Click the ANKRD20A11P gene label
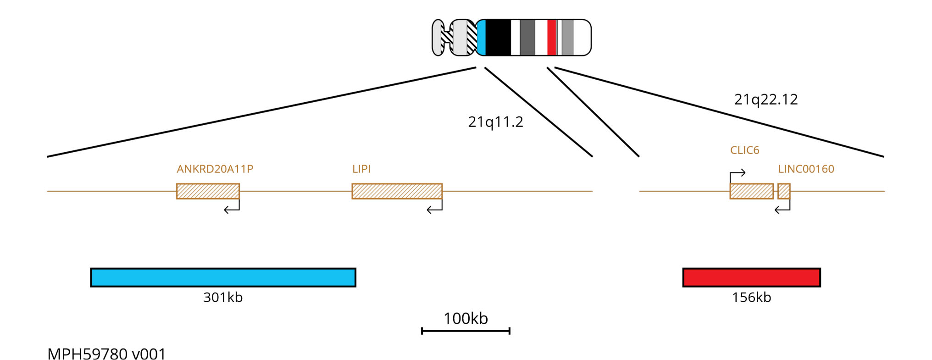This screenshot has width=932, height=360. [x=215, y=169]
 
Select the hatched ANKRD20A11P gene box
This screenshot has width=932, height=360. [x=208, y=191]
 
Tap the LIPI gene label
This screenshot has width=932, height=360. [x=361, y=169]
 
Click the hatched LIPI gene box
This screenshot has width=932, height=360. [x=397, y=191]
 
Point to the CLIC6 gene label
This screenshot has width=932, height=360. [x=744, y=150]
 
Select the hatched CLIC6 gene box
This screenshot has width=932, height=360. [x=751, y=191]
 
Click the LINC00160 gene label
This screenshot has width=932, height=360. [x=806, y=169]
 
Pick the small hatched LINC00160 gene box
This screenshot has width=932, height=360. [x=784, y=191]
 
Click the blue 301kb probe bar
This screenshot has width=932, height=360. [x=223, y=277]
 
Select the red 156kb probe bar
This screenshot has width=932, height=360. [x=751, y=277]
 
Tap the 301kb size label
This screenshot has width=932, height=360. [x=223, y=297]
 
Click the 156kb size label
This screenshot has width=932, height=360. [x=751, y=297]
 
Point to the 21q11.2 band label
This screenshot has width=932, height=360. [x=495, y=122]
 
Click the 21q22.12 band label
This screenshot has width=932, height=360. [x=766, y=100]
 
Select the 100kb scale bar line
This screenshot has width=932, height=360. [x=466, y=331]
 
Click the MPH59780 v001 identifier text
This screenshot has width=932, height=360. [x=106, y=354]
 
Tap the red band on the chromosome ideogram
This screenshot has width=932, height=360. [x=552, y=38]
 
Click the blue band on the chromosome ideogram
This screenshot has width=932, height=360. [x=481, y=38]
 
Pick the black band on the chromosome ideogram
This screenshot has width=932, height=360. [x=498, y=38]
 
